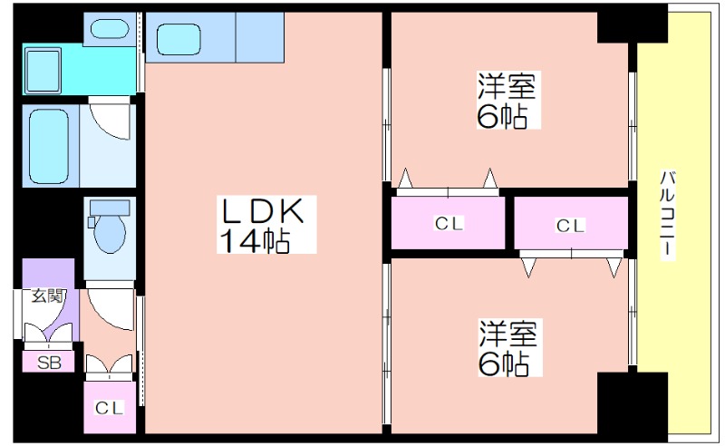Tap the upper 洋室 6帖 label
click(x=508, y=102)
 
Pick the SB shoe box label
click(x=48, y=363)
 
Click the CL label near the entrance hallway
click(x=109, y=408)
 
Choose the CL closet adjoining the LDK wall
click(x=449, y=224)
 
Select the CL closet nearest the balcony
click(x=571, y=224)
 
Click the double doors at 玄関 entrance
click(x=49, y=336)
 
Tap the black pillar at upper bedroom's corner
click(x=618, y=27)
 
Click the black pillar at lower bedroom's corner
click(x=618, y=403)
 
